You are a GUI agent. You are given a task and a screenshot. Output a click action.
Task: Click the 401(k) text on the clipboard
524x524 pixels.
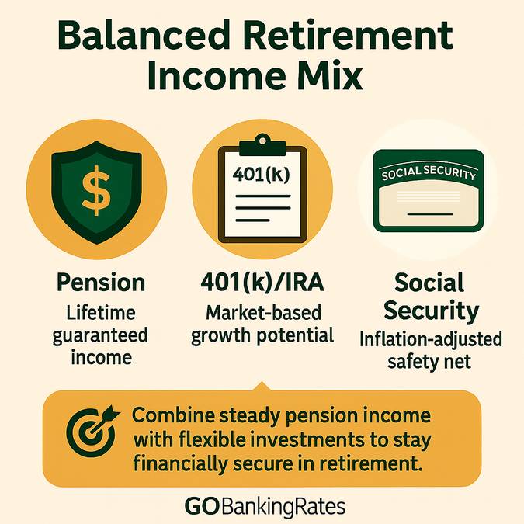pos(261,173)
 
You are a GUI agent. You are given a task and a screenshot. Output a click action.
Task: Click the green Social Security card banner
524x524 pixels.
pos(425,173)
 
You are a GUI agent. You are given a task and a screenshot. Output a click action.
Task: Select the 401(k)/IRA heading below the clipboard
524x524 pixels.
pos(262,282)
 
